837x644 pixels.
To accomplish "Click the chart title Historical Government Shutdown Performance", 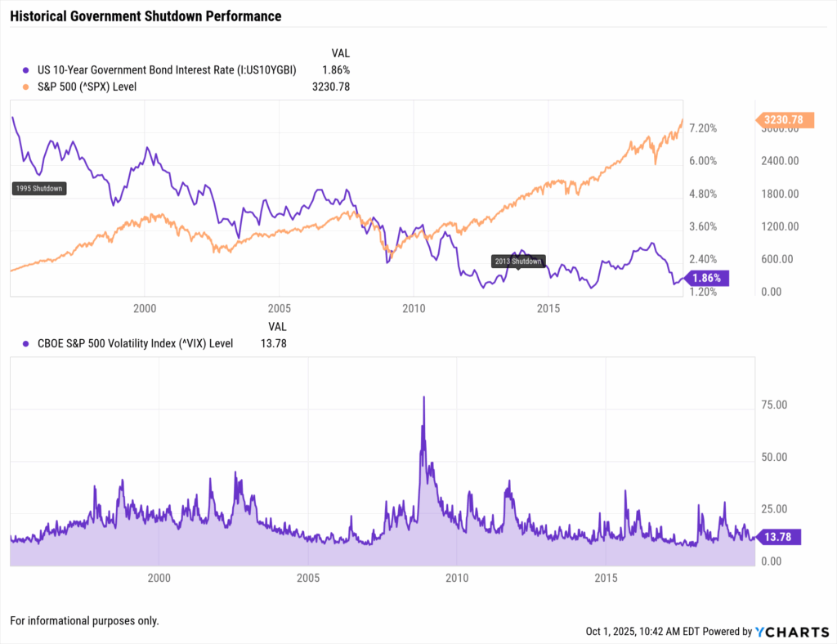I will (x=145, y=16).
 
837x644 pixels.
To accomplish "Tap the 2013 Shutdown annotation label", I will (x=517, y=262).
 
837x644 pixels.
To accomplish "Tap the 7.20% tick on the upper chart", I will (x=703, y=128).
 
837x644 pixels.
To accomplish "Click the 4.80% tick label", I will (x=703, y=194).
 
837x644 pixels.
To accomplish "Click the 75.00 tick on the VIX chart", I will (x=773, y=405).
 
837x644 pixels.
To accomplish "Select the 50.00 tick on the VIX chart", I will (x=773, y=457).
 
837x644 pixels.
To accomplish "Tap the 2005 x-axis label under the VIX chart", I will (x=308, y=578).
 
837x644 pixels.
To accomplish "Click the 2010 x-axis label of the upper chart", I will (x=414, y=308).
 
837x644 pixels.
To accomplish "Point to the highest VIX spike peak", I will (x=423, y=398).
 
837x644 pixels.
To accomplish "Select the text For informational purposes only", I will (x=84, y=621).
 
